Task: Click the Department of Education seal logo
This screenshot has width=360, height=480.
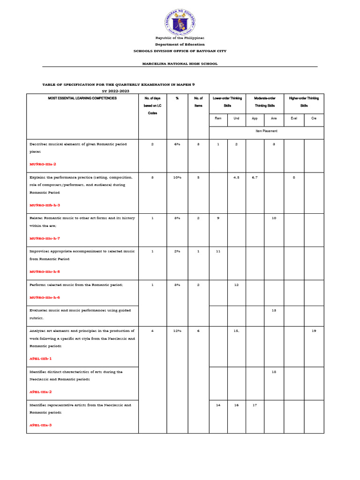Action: (x=180, y=22)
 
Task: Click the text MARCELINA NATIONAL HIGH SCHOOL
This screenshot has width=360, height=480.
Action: (x=180, y=63)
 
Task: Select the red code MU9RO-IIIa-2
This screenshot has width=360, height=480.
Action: (x=45, y=165)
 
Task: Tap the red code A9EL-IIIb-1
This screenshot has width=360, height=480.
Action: (x=41, y=358)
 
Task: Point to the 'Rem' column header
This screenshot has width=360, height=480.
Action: (x=218, y=119)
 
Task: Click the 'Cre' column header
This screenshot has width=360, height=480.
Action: (x=314, y=119)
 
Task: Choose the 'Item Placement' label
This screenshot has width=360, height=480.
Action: (x=266, y=131)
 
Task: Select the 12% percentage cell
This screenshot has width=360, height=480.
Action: (x=177, y=331)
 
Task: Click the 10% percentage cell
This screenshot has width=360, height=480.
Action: (x=177, y=178)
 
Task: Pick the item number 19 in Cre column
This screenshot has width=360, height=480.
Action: (x=314, y=331)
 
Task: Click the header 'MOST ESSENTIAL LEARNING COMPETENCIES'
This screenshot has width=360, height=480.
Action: (x=82, y=98)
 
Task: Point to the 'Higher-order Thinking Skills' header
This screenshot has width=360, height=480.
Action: (x=304, y=102)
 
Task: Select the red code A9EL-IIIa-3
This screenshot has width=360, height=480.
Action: (x=41, y=425)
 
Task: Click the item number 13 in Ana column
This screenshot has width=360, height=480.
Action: (x=274, y=310)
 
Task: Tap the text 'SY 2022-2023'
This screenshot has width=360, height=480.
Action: (x=115, y=90)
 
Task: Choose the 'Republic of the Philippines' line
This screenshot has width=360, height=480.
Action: (x=180, y=37)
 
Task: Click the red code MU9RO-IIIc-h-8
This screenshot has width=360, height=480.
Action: (x=45, y=271)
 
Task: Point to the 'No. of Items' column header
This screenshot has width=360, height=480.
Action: (x=198, y=102)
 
